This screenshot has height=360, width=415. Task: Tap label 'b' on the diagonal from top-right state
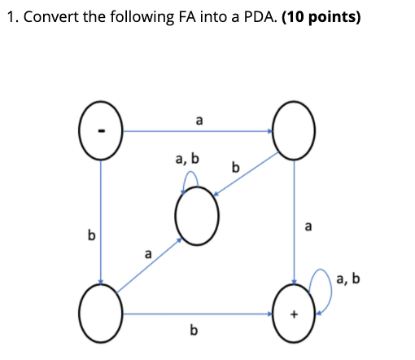tap(235, 169)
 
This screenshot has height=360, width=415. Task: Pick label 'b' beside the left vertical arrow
tap(91, 235)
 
